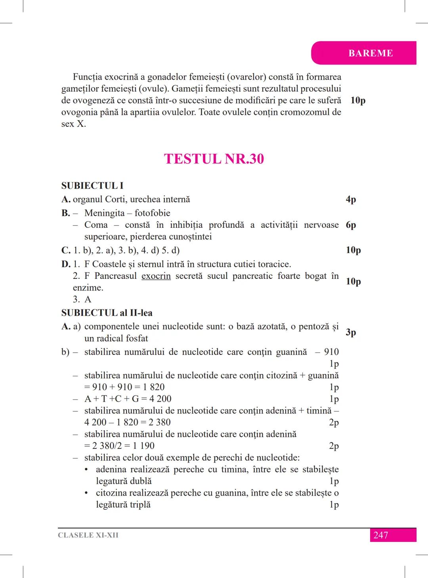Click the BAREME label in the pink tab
[371, 53]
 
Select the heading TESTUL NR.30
[214, 159]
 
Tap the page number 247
[380, 535]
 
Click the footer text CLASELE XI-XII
[88, 535]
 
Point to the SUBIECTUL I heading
[92, 185]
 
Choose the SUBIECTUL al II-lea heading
[107, 313]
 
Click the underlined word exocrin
[156, 276]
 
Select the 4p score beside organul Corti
[351, 199]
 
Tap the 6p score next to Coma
[351, 225]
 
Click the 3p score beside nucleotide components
[351, 332]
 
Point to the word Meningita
[104, 213]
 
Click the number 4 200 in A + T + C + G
[160, 399]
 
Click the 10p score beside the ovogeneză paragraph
[358, 100]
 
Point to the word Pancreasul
[116, 276]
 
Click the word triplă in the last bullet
[139, 505]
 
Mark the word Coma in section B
[96, 225]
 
